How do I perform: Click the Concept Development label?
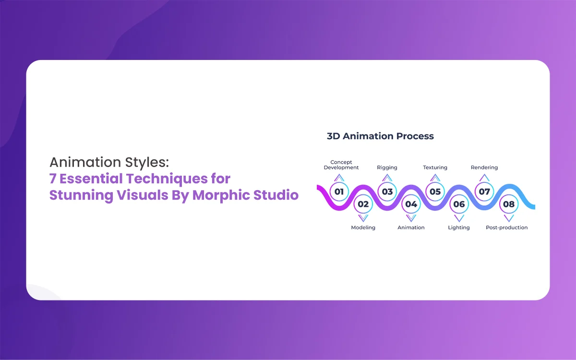coord(341,165)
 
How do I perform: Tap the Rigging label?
coord(387,168)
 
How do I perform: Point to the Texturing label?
coord(435,168)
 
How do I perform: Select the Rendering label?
coord(484,168)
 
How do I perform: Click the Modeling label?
coord(363,228)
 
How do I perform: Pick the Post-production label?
coord(506,228)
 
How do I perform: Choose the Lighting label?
coord(459,228)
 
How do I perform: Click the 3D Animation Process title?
coord(380,136)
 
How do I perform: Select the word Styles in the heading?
coord(147,163)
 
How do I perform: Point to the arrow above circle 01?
coord(339,178)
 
